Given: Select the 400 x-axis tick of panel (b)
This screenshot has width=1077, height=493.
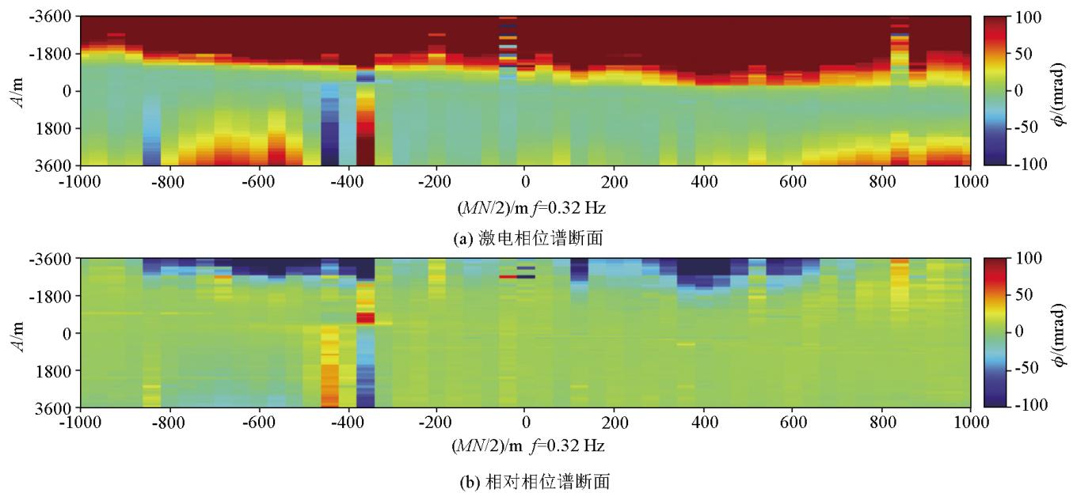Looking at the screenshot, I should [x=703, y=423].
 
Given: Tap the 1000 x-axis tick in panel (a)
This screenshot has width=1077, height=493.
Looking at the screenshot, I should [x=970, y=180].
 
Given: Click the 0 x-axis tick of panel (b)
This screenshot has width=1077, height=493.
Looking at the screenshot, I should [x=524, y=423].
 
